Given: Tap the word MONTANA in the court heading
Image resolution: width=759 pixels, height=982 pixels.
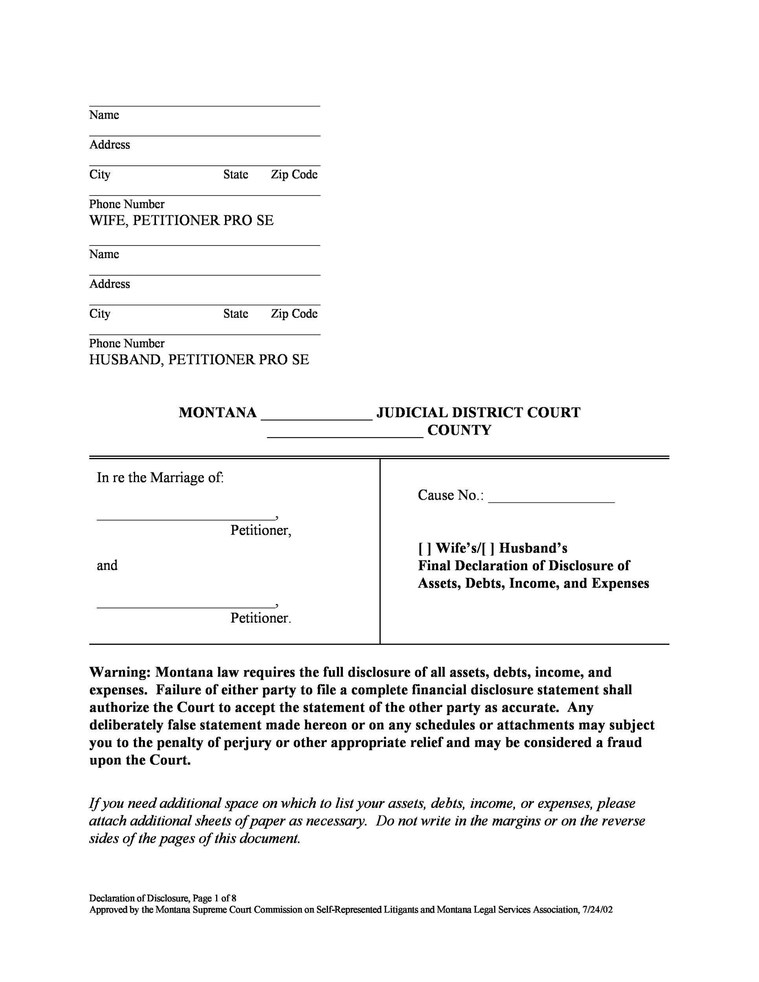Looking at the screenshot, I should [218, 413].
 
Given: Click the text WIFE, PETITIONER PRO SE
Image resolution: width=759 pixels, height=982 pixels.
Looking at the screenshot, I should [181, 220].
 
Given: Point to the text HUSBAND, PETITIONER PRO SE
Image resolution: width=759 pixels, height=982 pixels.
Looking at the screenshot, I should [199, 360].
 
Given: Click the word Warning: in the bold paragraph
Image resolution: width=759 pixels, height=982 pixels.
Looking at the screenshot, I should [119, 672].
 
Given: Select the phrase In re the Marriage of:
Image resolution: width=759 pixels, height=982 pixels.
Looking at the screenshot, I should [160, 478].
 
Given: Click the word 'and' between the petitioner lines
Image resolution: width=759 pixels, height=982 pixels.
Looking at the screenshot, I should [107, 565].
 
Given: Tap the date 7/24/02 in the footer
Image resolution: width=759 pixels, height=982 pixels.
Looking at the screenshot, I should [597, 910].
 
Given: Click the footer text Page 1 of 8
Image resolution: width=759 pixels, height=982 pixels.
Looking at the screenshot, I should [214, 898].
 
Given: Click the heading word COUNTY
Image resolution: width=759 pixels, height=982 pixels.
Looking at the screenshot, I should [459, 430].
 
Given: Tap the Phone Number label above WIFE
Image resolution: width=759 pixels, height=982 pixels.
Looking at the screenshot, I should [127, 204].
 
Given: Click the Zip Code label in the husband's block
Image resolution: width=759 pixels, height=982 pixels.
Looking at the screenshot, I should [294, 313].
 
